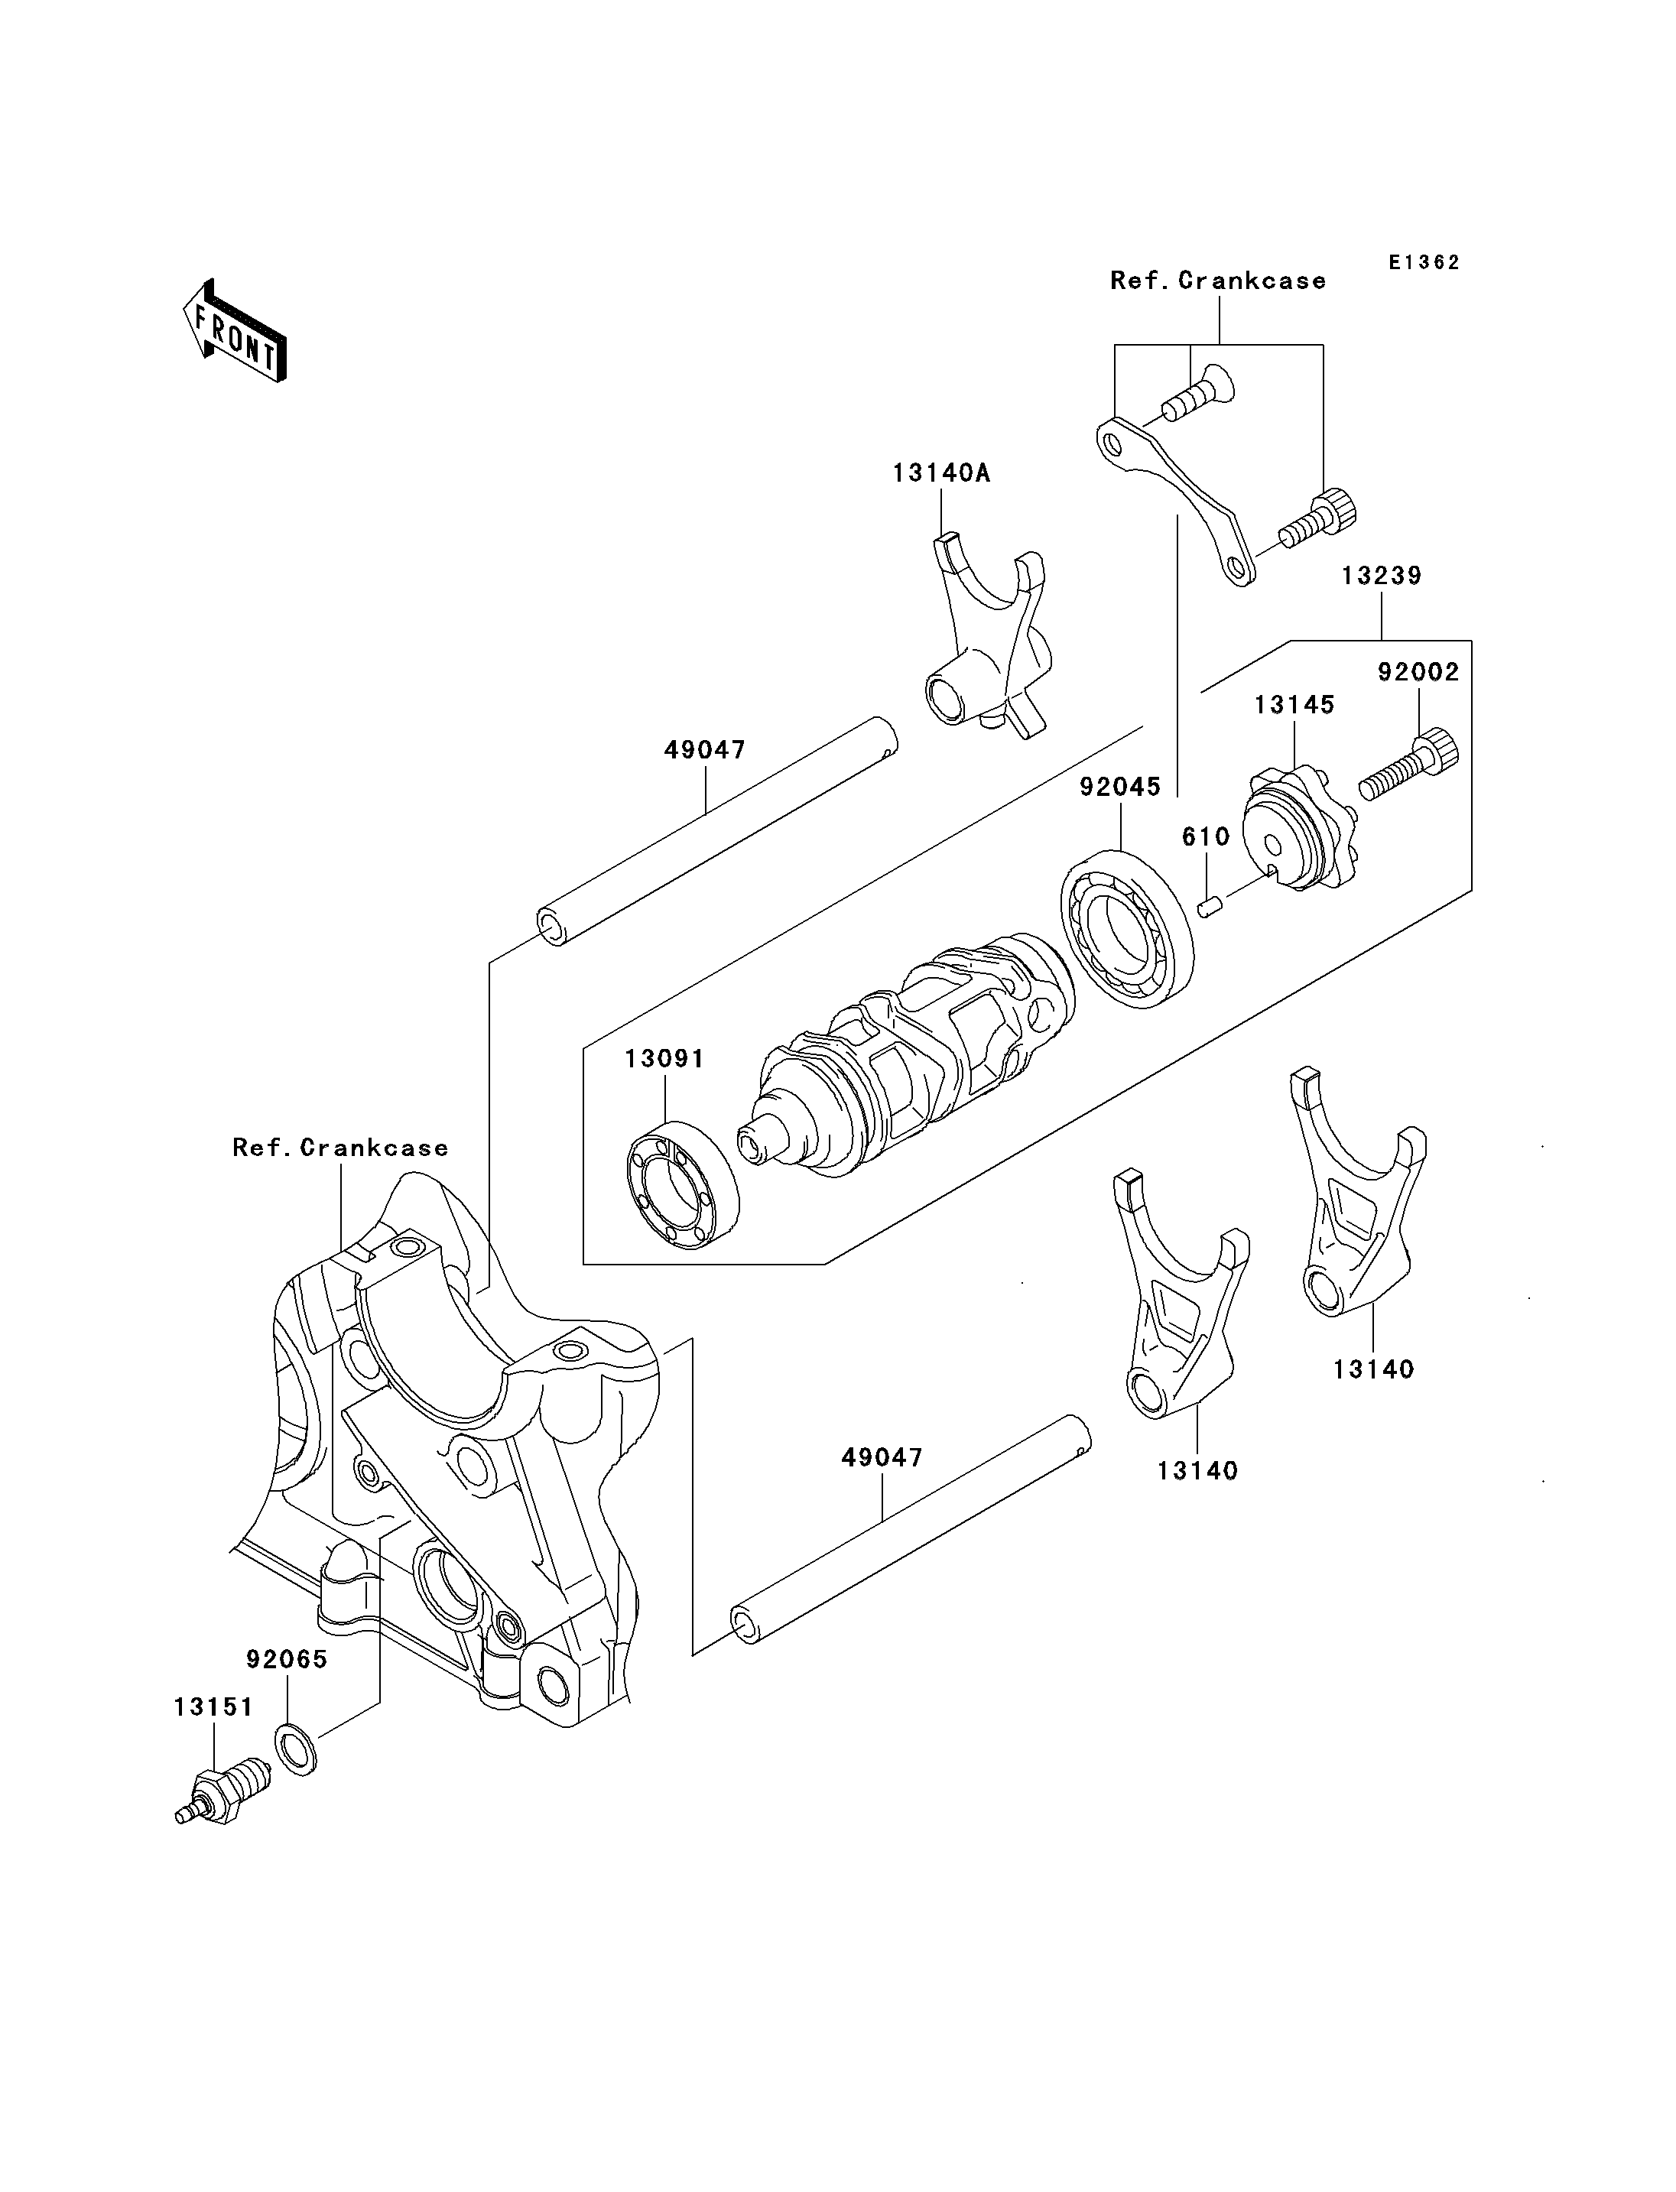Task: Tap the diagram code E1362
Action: [1424, 262]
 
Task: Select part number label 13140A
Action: [940, 473]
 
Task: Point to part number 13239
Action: [1382, 576]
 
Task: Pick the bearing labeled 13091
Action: [684, 1184]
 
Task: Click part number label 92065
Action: [287, 1659]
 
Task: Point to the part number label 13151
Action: [213, 1707]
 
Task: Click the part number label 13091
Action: [664, 1059]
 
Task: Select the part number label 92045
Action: [1120, 787]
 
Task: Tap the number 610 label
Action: [1206, 836]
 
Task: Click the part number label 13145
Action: [1294, 704]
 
